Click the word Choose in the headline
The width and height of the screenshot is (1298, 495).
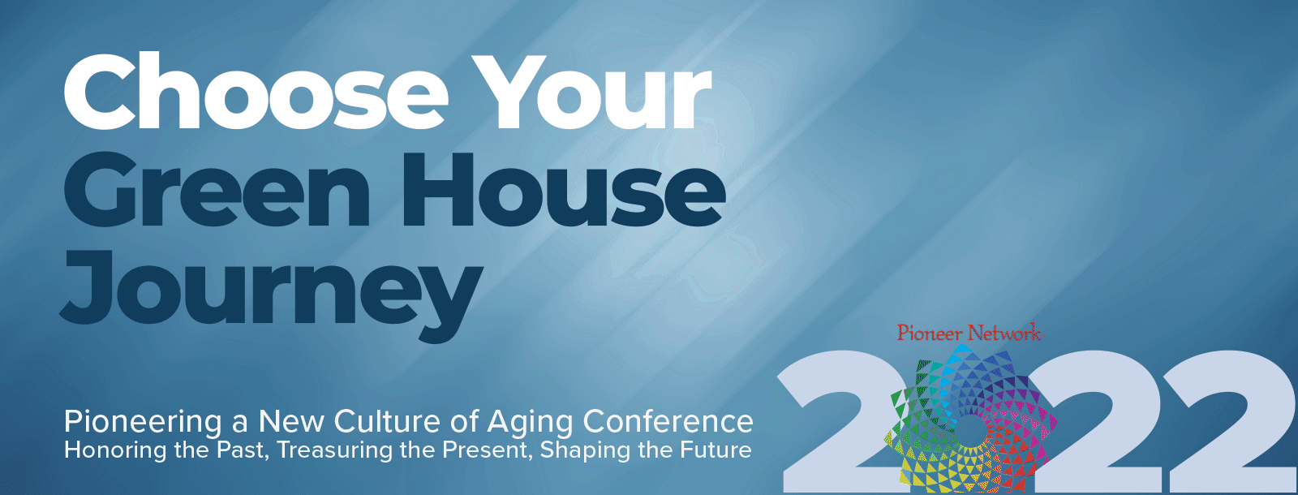tap(256, 93)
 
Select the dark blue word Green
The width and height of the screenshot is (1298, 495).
tap(216, 191)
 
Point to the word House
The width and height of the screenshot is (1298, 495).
tap(564, 191)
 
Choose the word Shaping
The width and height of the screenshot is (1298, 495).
tap(585, 451)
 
